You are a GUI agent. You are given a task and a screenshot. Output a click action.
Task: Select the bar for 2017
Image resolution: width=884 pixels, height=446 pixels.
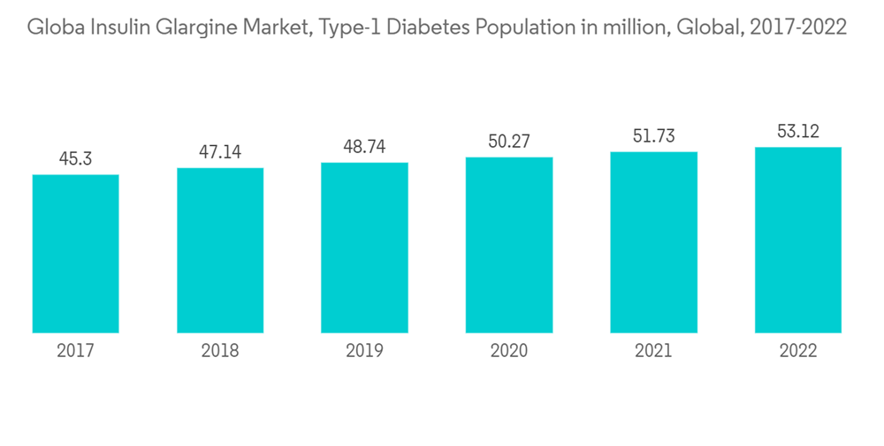coord(75,253)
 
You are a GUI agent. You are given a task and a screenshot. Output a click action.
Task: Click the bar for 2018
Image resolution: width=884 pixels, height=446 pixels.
coord(220,250)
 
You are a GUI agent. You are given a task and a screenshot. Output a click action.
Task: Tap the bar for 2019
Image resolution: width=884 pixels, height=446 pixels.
coord(364,247)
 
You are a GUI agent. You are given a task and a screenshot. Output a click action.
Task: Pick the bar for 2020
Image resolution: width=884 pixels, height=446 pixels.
coord(509,244)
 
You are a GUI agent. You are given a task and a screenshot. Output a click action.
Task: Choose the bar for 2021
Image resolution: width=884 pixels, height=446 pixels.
coord(653,242)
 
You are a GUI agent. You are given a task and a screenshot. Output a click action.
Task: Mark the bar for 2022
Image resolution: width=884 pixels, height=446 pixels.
coord(798,239)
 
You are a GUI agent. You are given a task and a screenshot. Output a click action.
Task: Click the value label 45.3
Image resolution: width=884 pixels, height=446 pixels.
coord(75,159)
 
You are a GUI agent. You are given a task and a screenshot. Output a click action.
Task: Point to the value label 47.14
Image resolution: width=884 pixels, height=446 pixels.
coord(220,152)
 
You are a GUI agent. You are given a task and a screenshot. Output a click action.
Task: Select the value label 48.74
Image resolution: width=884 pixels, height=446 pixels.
coord(364,147)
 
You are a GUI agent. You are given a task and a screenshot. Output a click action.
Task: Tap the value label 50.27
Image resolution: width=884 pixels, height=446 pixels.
coord(509,142)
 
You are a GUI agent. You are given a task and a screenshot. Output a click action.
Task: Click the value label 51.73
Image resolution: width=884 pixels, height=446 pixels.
coord(653,136)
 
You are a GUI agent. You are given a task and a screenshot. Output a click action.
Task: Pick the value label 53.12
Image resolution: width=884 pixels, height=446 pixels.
coord(798,132)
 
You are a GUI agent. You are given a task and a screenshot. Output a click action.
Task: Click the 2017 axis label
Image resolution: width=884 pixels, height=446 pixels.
coord(75,351)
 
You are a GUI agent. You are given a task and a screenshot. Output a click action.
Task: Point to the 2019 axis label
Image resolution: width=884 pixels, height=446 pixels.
coord(364,351)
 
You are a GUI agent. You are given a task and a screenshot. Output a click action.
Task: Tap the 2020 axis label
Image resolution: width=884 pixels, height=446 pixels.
coord(509,351)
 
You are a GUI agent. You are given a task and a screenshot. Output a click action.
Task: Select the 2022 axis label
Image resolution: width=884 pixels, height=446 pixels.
coord(798,351)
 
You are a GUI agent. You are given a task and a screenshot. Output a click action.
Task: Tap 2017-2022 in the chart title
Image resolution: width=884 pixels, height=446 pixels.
coord(797,27)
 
